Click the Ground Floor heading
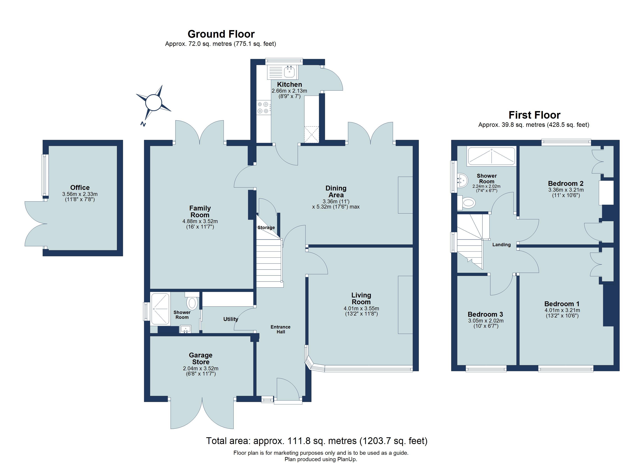pos(221,34)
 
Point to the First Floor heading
pos(534,115)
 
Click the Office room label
pos(80,188)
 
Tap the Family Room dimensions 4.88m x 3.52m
pos(200,221)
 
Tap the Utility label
pos(230,319)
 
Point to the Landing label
pos(501,245)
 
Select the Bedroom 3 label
pos(485,314)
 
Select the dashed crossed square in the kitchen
pos(311,134)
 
